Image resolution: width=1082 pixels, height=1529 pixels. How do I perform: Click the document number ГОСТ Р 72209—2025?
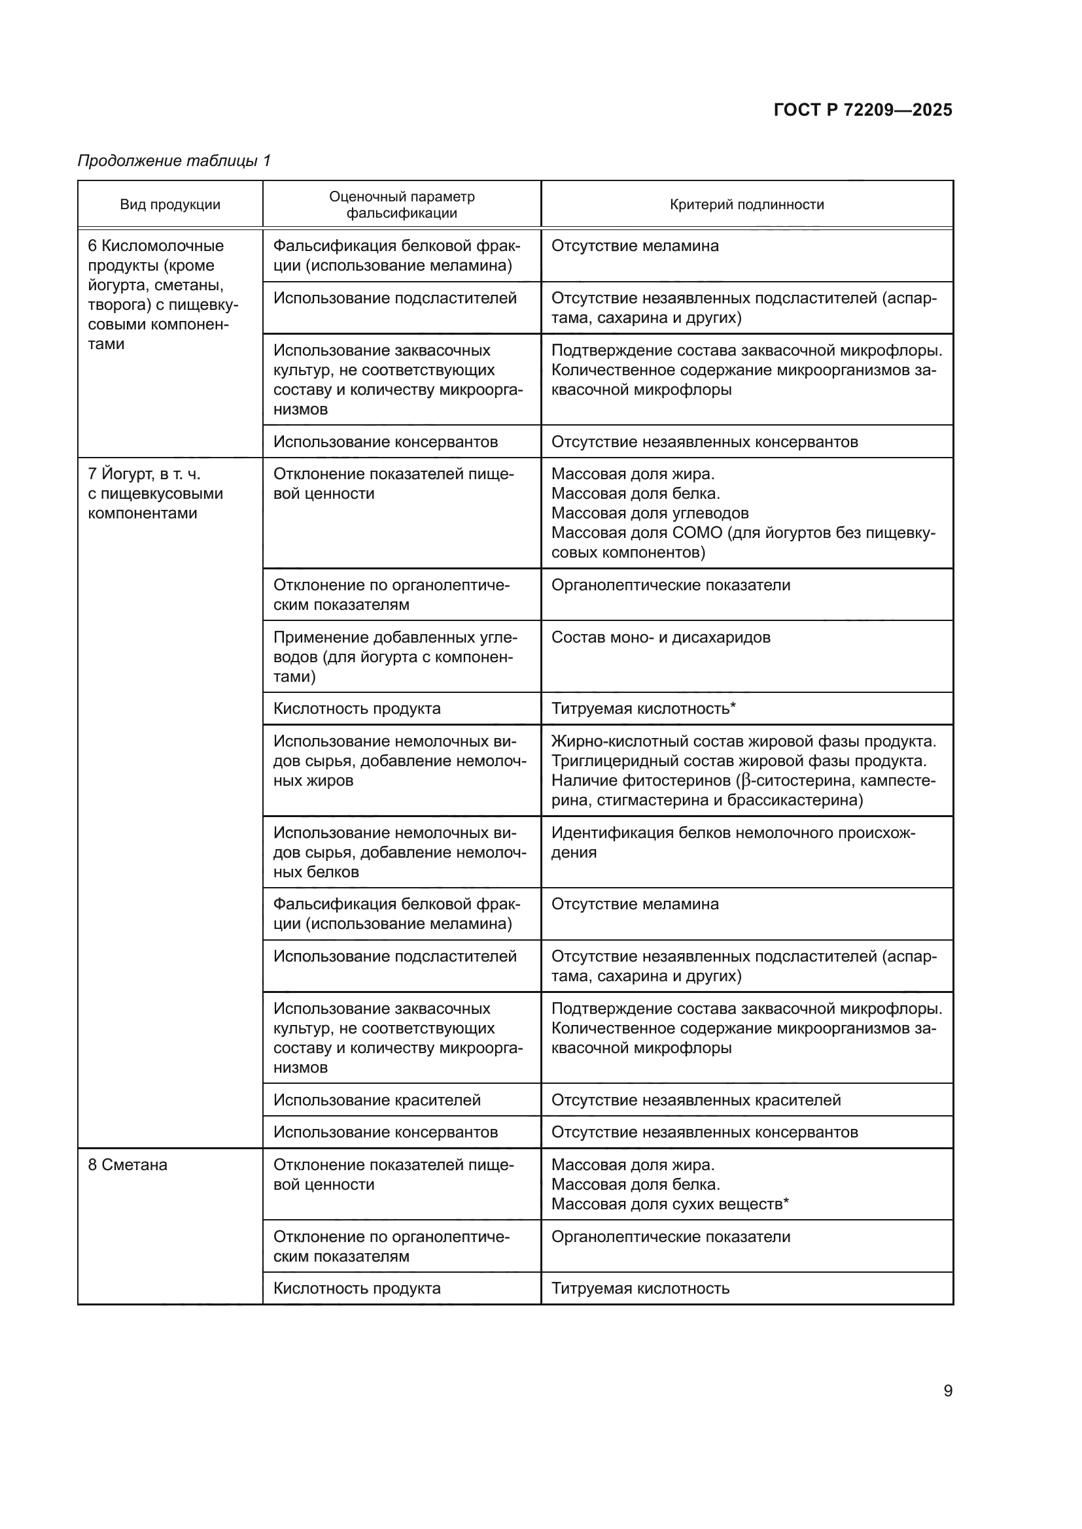[863, 110]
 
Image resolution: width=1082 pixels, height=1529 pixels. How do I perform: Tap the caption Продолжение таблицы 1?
[175, 161]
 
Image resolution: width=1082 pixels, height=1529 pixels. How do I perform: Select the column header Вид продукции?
[170, 205]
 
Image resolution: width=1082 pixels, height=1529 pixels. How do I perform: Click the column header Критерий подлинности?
[746, 205]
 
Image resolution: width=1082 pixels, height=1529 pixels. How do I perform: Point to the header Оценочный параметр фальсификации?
[402, 205]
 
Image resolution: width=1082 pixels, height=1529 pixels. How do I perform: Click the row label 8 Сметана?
[128, 1165]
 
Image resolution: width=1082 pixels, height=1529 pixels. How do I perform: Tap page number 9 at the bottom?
[947, 1390]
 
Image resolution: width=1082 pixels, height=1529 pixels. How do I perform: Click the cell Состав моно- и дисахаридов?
[660, 637]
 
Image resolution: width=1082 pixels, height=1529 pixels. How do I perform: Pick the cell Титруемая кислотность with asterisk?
[643, 709]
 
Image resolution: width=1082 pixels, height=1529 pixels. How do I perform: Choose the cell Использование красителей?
[377, 1100]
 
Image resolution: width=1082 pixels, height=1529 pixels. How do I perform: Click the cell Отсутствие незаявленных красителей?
[695, 1100]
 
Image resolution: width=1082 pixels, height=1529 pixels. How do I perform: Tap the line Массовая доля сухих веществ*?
[670, 1204]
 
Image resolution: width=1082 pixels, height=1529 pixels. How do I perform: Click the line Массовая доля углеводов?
[650, 513]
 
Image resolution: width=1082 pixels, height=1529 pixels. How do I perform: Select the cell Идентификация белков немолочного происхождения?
[733, 843]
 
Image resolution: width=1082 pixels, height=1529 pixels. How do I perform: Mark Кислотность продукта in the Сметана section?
[357, 1288]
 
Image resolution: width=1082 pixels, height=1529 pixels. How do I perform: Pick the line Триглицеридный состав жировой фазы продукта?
[738, 760]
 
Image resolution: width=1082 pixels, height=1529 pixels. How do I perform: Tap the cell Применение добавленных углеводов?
[395, 656]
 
